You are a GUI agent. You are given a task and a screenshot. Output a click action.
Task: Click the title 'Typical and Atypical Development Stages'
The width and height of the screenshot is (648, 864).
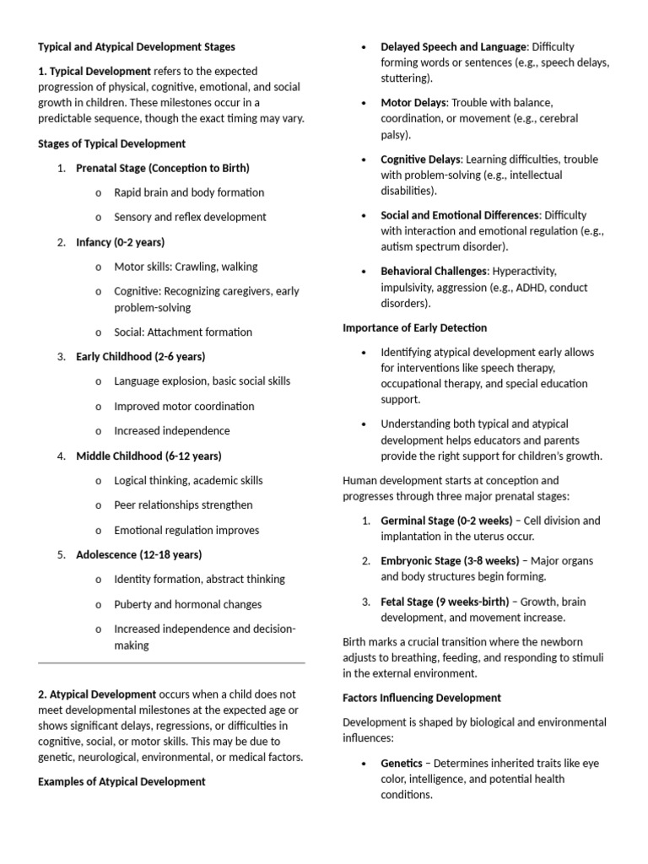click(137, 46)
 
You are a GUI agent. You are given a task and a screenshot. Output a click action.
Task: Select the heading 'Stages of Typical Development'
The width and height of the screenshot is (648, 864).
click(111, 143)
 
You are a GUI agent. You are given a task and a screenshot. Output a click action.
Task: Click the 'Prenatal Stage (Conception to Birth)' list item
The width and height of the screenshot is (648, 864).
click(163, 168)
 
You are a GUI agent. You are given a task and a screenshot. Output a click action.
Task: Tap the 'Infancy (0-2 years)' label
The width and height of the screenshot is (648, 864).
click(120, 242)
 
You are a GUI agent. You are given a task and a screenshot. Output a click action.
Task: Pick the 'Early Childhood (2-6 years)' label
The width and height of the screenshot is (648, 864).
click(140, 356)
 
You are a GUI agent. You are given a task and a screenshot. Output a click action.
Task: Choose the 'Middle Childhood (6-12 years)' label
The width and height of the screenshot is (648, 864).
click(148, 456)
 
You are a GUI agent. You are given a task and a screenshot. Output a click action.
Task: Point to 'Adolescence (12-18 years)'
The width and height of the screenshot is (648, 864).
click(138, 554)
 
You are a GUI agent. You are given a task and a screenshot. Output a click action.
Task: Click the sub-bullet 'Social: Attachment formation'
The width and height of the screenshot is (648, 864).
click(183, 332)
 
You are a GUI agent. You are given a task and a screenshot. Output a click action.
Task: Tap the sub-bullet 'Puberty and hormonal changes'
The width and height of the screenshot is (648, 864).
click(188, 604)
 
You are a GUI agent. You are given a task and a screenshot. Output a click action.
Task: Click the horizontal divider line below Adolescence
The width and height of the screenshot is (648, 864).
click(171, 663)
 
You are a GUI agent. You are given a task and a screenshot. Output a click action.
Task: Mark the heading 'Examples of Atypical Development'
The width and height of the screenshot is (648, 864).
click(121, 781)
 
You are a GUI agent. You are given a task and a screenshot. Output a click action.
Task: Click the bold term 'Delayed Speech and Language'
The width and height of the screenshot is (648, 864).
click(453, 46)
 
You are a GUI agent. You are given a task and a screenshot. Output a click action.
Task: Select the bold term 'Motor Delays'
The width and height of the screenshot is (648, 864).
click(413, 102)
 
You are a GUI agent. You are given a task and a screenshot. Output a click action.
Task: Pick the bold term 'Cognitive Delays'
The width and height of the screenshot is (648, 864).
click(420, 159)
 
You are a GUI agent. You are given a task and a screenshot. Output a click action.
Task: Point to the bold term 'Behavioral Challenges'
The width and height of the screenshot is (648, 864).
click(434, 271)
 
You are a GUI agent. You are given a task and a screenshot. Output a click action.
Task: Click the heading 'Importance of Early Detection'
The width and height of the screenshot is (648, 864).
click(414, 327)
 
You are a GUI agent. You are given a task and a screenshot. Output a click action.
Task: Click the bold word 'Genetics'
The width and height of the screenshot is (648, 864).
click(402, 763)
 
